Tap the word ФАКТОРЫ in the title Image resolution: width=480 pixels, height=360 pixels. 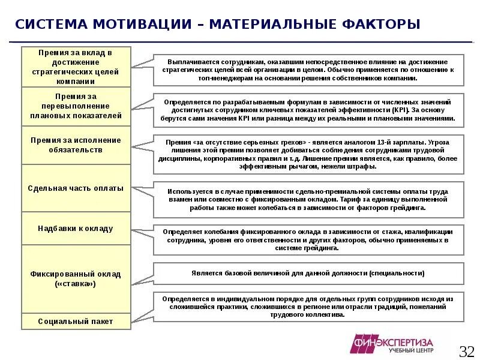[381, 25]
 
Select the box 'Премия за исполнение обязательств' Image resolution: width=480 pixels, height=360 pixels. [76, 145]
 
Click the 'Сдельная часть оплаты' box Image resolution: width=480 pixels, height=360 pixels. [76, 188]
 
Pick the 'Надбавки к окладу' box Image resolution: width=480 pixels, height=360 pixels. [76, 229]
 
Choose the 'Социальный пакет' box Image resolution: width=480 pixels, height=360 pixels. [76, 321]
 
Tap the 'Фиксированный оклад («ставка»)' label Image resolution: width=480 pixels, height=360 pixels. [76, 278]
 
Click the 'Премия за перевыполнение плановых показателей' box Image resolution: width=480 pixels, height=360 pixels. [76, 106]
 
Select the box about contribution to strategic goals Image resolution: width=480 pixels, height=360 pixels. [76, 67]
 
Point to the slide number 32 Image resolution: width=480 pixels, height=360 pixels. [466, 350]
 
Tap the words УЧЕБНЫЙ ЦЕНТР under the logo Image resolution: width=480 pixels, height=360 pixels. [410, 350]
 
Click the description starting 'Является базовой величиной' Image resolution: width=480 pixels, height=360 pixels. [308, 273]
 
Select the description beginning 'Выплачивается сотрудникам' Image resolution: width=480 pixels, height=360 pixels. [308, 70]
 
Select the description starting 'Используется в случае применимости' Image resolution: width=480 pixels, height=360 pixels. [308, 199]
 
